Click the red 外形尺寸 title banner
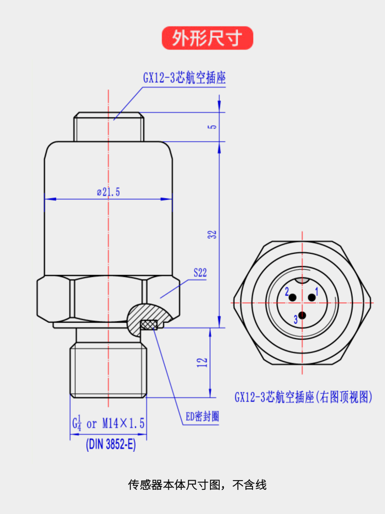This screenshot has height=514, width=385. pos(207,38)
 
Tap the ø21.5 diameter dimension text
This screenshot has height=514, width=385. pos(108,192)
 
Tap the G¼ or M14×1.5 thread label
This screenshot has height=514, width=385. pos(108,424)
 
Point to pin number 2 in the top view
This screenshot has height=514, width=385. pos(287,292)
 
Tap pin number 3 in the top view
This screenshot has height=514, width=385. pos(296,320)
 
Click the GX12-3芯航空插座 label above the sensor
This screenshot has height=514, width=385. pos(184,78)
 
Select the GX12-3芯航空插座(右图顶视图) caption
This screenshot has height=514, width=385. pos(303,397)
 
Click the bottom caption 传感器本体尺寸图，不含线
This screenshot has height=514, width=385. pos(197,485)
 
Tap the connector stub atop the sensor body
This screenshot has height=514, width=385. pos(108,126)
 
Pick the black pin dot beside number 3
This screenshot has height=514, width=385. pos(303,315)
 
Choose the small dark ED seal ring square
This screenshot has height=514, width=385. pos(148,325)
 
